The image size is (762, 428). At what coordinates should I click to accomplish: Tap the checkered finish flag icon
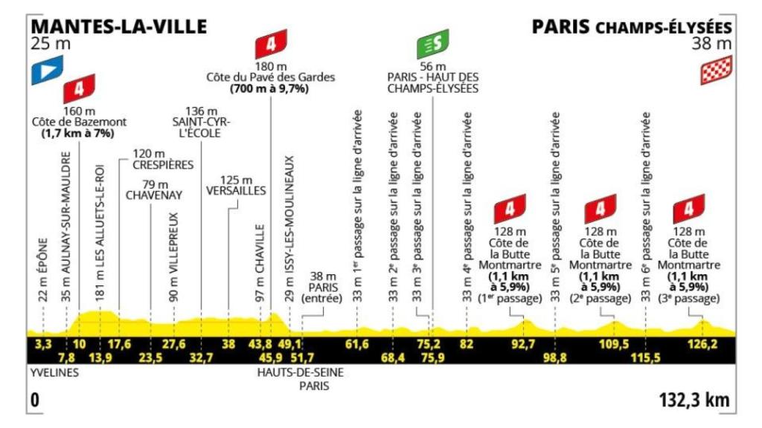[x=716, y=71]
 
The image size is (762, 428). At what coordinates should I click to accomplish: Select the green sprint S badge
[x=432, y=46]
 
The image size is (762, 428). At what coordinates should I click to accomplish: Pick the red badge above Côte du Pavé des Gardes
[x=270, y=46]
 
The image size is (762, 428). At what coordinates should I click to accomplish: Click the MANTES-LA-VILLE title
[x=119, y=26]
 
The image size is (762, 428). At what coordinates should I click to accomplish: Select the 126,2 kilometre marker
[x=701, y=343]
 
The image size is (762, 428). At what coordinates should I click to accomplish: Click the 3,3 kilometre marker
[x=43, y=343]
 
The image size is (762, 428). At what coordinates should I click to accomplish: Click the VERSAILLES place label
[x=236, y=190]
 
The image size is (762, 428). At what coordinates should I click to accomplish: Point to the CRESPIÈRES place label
[x=163, y=164]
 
